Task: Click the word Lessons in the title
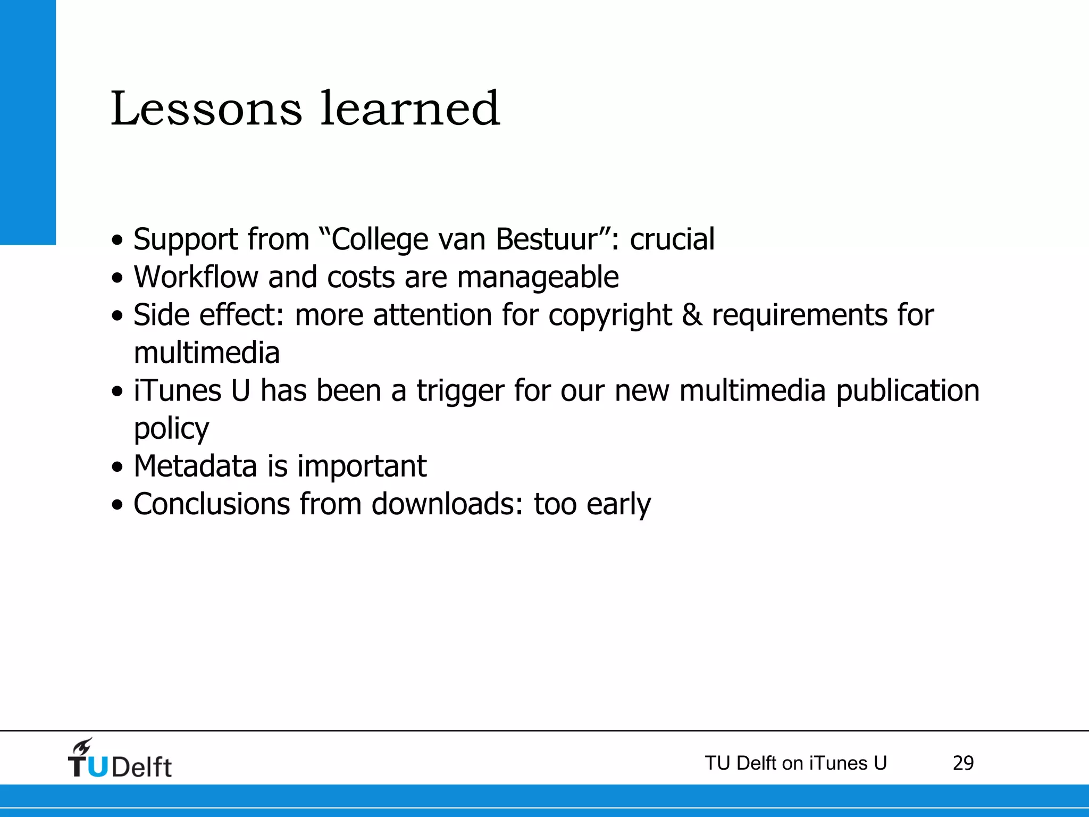point(206,109)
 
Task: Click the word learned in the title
point(410,109)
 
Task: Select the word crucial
point(672,239)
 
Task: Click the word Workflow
point(196,277)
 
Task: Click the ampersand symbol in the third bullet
point(692,315)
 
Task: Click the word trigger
point(460,391)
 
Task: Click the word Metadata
point(196,466)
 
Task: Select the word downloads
point(448,504)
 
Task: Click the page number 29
point(963,763)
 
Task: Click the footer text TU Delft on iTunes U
point(795,763)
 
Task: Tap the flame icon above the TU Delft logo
point(83,747)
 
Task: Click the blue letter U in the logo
point(97,766)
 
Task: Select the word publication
point(908,391)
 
